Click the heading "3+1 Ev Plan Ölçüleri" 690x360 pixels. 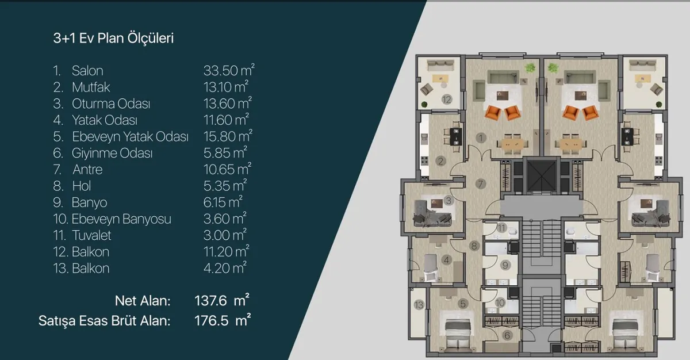pos(113,38)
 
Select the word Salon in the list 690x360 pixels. pos(87,71)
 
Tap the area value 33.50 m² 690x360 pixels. pos(229,70)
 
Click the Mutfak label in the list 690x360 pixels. pos(91,87)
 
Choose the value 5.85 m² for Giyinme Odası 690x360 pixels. pos(225,152)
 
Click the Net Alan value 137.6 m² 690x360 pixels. pos(222,300)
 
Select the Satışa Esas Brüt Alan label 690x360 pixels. pos(105,321)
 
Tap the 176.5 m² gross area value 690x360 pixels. pos(223,320)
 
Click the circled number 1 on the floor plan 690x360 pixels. pos(481,137)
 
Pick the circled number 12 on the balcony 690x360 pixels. pos(447,99)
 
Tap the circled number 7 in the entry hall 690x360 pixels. pos(480,184)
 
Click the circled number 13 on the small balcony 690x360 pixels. pos(419,305)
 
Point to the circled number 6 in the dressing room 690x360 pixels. pos(507,335)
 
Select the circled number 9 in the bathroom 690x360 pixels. pos(505,265)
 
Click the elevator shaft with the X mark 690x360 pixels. pos(541,176)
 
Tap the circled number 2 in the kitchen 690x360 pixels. pos(440,161)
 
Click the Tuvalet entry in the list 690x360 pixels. pos(91,236)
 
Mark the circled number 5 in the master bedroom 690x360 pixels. pos(463,304)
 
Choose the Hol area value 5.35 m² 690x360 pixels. pos(225,185)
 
